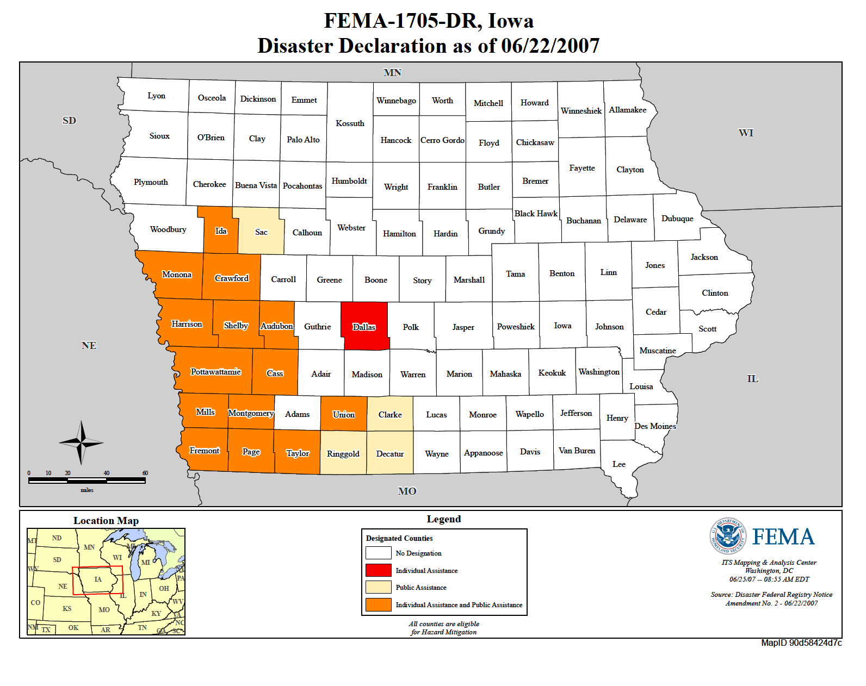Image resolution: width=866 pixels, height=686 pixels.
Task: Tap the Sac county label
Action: [x=261, y=232]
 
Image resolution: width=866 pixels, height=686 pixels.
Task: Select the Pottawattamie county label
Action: [x=215, y=372]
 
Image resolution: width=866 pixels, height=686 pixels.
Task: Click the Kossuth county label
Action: [x=350, y=123]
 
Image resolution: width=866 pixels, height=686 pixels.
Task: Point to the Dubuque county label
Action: [x=677, y=219]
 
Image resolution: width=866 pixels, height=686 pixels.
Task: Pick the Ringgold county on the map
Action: [x=343, y=453]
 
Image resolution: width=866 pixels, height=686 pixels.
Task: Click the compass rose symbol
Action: [x=81, y=442]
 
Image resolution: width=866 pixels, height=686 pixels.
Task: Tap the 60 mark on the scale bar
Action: [x=145, y=473]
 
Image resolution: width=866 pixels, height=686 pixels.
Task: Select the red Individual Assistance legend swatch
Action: [x=379, y=570]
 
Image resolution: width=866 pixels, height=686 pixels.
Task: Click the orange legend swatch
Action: [x=379, y=604]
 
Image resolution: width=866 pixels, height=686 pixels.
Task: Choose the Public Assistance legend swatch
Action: [x=379, y=587]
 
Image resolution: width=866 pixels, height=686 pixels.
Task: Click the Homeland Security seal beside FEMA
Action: [x=728, y=536]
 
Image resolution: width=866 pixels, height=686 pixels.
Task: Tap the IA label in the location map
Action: [x=98, y=579]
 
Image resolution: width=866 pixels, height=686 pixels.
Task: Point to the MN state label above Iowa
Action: [x=392, y=72]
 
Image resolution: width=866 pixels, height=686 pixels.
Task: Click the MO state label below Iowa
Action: [x=407, y=491]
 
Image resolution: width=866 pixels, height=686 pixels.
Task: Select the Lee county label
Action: [x=618, y=464]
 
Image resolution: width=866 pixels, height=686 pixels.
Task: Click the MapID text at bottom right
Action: [x=801, y=643]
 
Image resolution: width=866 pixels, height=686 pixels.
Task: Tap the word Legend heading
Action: [x=443, y=519]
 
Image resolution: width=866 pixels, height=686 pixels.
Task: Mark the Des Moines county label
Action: [x=655, y=426]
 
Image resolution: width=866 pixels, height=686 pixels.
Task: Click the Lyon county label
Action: [x=156, y=96]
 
